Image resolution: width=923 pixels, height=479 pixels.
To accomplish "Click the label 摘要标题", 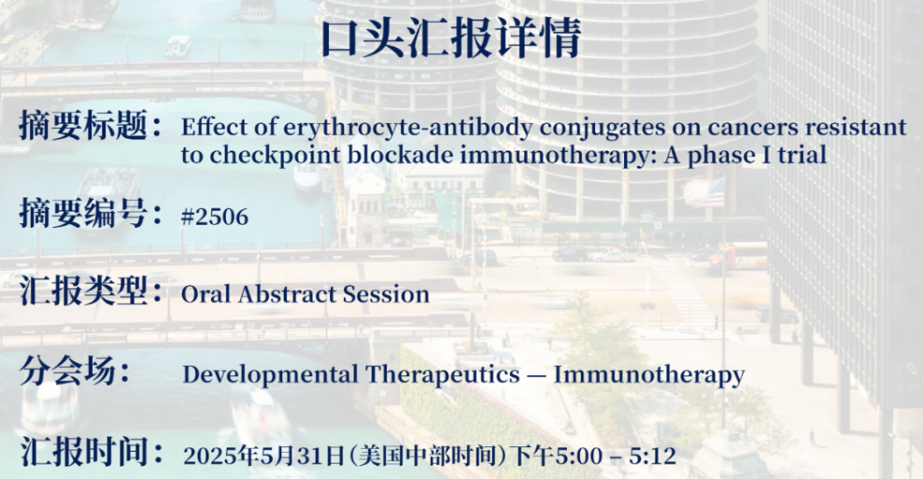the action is (83, 125).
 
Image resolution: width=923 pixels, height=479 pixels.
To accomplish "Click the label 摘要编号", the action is (83, 213).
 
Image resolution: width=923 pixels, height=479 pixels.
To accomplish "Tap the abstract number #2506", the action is (215, 218).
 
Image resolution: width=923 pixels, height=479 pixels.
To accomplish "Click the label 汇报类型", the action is (83, 290).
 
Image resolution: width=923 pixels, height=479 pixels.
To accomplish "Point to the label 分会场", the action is (68, 371).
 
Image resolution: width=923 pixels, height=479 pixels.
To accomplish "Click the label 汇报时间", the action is (83, 452).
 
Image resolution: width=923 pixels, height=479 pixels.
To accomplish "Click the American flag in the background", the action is (703, 193).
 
